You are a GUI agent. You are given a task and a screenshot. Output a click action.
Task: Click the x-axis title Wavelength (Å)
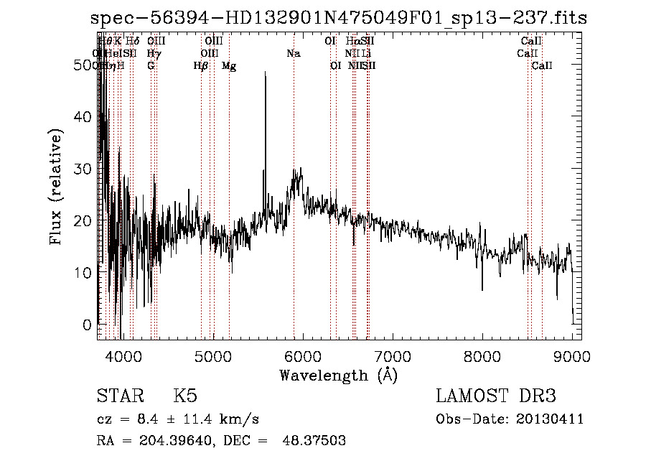(338, 375)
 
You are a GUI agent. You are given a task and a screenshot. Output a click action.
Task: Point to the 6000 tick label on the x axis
(302, 355)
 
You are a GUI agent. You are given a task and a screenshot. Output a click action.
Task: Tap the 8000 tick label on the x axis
(482, 355)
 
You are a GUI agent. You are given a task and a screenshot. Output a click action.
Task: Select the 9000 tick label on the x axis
(572, 355)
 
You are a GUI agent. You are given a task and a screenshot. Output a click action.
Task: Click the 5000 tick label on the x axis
(212, 355)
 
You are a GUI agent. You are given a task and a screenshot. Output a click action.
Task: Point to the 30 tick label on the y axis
(86, 169)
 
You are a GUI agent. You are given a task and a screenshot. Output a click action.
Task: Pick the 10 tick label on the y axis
(86, 273)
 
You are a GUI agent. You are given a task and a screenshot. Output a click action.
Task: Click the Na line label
(293, 53)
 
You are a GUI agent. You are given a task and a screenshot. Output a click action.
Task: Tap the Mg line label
(229, 66)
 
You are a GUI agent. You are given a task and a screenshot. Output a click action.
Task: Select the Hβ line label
(201, 66)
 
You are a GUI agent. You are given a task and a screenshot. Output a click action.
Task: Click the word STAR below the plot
(118, 396)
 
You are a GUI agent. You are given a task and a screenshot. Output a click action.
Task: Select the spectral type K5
(184, 396)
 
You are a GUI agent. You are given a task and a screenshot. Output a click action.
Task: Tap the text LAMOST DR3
(495, 396)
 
